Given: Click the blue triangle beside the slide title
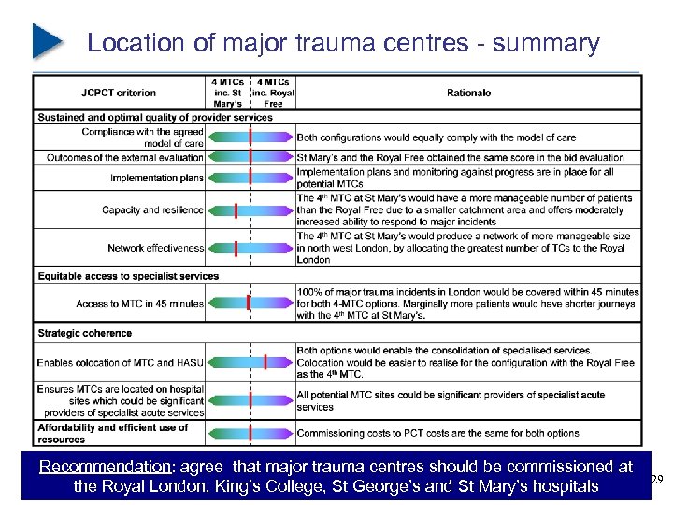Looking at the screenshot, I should (x=47, y=40).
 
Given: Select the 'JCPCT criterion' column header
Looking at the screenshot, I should (x=119, y=93).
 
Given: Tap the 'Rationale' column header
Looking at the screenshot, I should (x=468, y=93).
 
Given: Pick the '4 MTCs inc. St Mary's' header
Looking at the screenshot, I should (x=227, y=93).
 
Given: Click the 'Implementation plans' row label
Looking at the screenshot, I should (x=156, y=178).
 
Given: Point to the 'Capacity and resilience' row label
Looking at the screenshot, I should (x=152, y=210).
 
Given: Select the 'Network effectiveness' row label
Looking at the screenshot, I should (x=155, y=248).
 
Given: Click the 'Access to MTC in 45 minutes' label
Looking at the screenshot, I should (x=140, y=304).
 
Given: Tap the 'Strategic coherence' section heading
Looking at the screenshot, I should (x=85, y=333).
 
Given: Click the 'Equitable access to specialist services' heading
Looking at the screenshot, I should (x=128, y=276).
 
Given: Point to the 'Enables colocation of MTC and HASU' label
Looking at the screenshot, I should (x=120, y=362).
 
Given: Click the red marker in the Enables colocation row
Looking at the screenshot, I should (x=266, y=362).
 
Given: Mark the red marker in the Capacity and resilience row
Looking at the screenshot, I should (x=236, y=210).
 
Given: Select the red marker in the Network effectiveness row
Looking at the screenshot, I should (x=236, y=248).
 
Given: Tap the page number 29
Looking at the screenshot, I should (x=656, y=480).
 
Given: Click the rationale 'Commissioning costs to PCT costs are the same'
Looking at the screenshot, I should (x=437, y=433).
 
